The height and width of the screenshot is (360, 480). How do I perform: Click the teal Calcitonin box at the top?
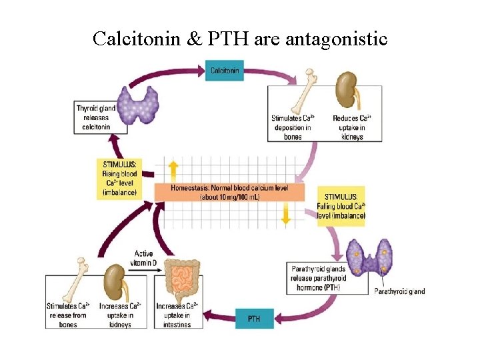(x=224, y=70)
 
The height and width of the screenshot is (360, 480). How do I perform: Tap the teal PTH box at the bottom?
(x=254, y=319)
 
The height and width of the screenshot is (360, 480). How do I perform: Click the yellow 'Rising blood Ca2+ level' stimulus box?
(x=120, y=177)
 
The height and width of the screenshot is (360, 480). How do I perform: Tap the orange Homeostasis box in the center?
(x=229, y=193)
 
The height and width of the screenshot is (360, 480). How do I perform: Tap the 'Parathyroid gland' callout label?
(x=399, y=291)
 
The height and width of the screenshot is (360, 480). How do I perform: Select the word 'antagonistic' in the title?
(x=336, y=39)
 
